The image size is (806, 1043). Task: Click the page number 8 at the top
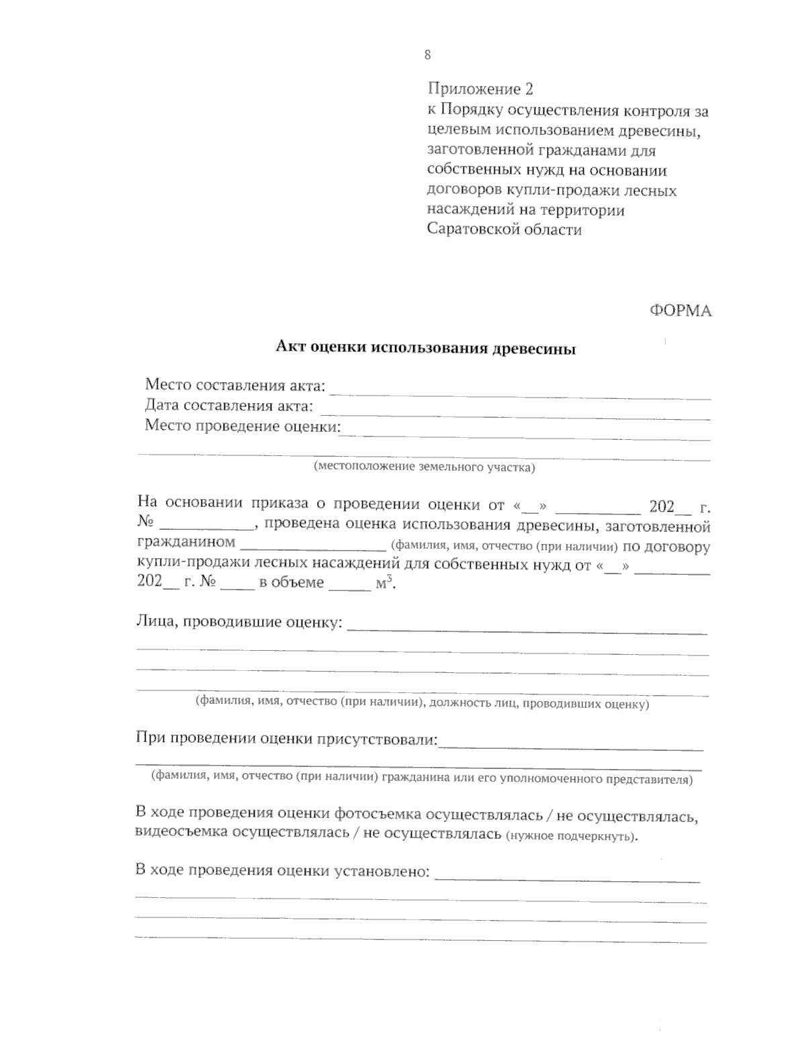pos(428,56)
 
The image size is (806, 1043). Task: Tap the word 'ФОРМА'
pos(680,310)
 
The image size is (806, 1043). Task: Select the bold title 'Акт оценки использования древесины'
pos(426,349)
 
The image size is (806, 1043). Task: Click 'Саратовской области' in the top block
pos(504,230)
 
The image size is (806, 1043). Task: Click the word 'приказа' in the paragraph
pos(279,504)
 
